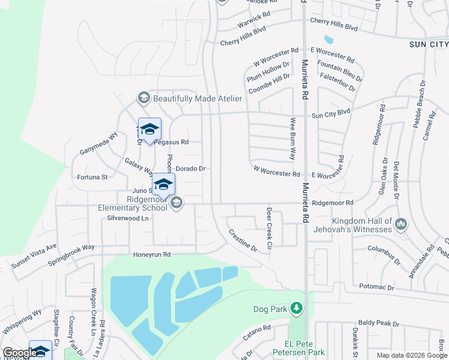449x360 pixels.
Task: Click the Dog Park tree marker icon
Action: (x=295, y=308)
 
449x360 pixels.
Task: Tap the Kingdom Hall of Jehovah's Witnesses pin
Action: (x=401, y=225)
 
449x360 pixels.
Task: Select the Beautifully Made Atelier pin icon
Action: (x=143, y=98)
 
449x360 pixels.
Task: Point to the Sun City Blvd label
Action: (x=330, y=112)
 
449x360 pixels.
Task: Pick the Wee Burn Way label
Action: (x=293, y=138)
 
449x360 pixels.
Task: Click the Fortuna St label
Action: (x=92, y=177)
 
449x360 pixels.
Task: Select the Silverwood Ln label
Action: (x=127, y=218)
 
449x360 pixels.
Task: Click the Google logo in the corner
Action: (x=19, y=353)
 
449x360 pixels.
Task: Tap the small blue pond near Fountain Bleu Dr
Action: (x=328, y=40)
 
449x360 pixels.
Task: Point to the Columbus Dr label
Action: (x=384, y=254)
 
